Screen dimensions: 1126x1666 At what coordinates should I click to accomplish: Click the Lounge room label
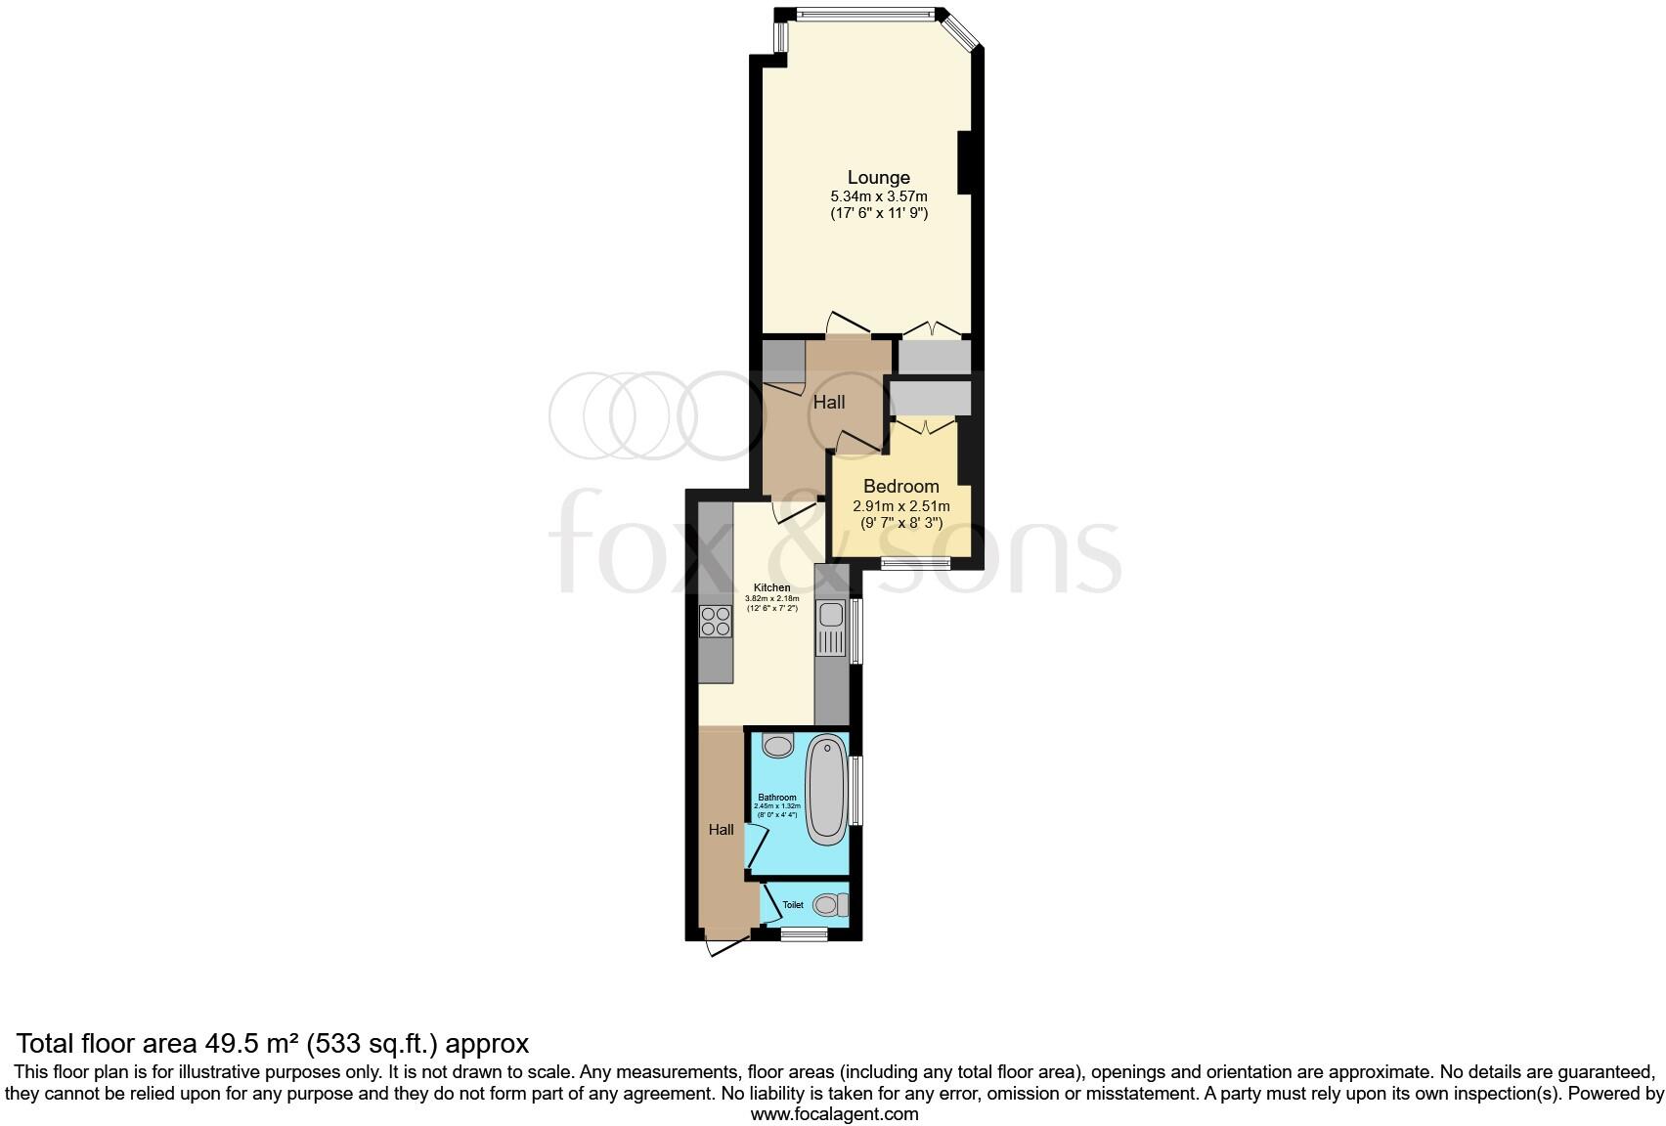pos(878,177)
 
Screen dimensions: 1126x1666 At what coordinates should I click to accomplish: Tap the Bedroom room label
pos(900,486)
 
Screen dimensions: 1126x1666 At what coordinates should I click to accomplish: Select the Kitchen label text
pos(771,587)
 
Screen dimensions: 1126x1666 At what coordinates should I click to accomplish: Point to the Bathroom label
pos(777,798)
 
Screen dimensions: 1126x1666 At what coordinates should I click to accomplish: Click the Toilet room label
pos(793,905)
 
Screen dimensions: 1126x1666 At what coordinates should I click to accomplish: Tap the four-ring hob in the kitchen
pos(716,622)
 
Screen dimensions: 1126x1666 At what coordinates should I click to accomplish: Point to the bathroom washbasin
pos(778,746)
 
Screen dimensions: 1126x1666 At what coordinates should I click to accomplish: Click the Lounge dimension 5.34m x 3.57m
pos(878,196)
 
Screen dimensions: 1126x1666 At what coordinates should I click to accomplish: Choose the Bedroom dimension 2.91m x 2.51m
pos(900,506)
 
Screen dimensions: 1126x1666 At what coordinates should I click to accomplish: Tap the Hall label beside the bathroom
pos(722,830)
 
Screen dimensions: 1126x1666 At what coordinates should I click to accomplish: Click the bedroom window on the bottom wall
pos(915,562)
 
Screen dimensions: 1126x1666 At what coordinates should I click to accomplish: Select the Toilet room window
pos(804,934)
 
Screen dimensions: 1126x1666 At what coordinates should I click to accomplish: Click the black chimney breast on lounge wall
pos(964,162)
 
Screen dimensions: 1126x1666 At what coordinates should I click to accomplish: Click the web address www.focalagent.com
pos(834,1113)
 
